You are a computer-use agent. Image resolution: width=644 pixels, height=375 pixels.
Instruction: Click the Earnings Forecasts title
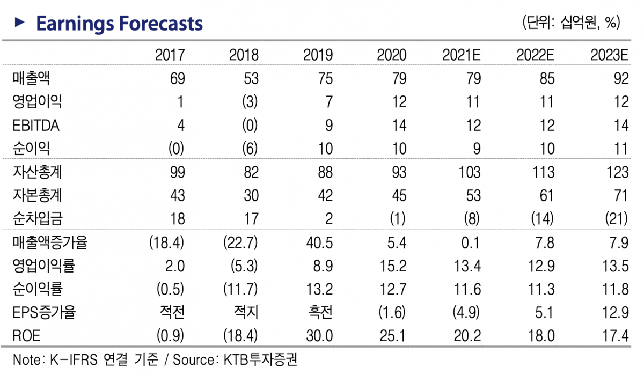[119, 24]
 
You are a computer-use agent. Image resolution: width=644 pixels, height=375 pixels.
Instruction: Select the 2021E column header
[461, 55]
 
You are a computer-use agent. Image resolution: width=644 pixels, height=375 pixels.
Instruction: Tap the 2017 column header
[170, 55]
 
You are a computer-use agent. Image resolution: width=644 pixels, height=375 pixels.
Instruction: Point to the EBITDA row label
[35, 126]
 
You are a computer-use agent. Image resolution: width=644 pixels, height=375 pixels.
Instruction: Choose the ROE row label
[26, 336]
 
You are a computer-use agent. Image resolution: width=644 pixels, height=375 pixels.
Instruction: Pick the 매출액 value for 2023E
[621, 79]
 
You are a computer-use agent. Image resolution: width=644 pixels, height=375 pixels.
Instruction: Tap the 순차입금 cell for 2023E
[617, 219]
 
